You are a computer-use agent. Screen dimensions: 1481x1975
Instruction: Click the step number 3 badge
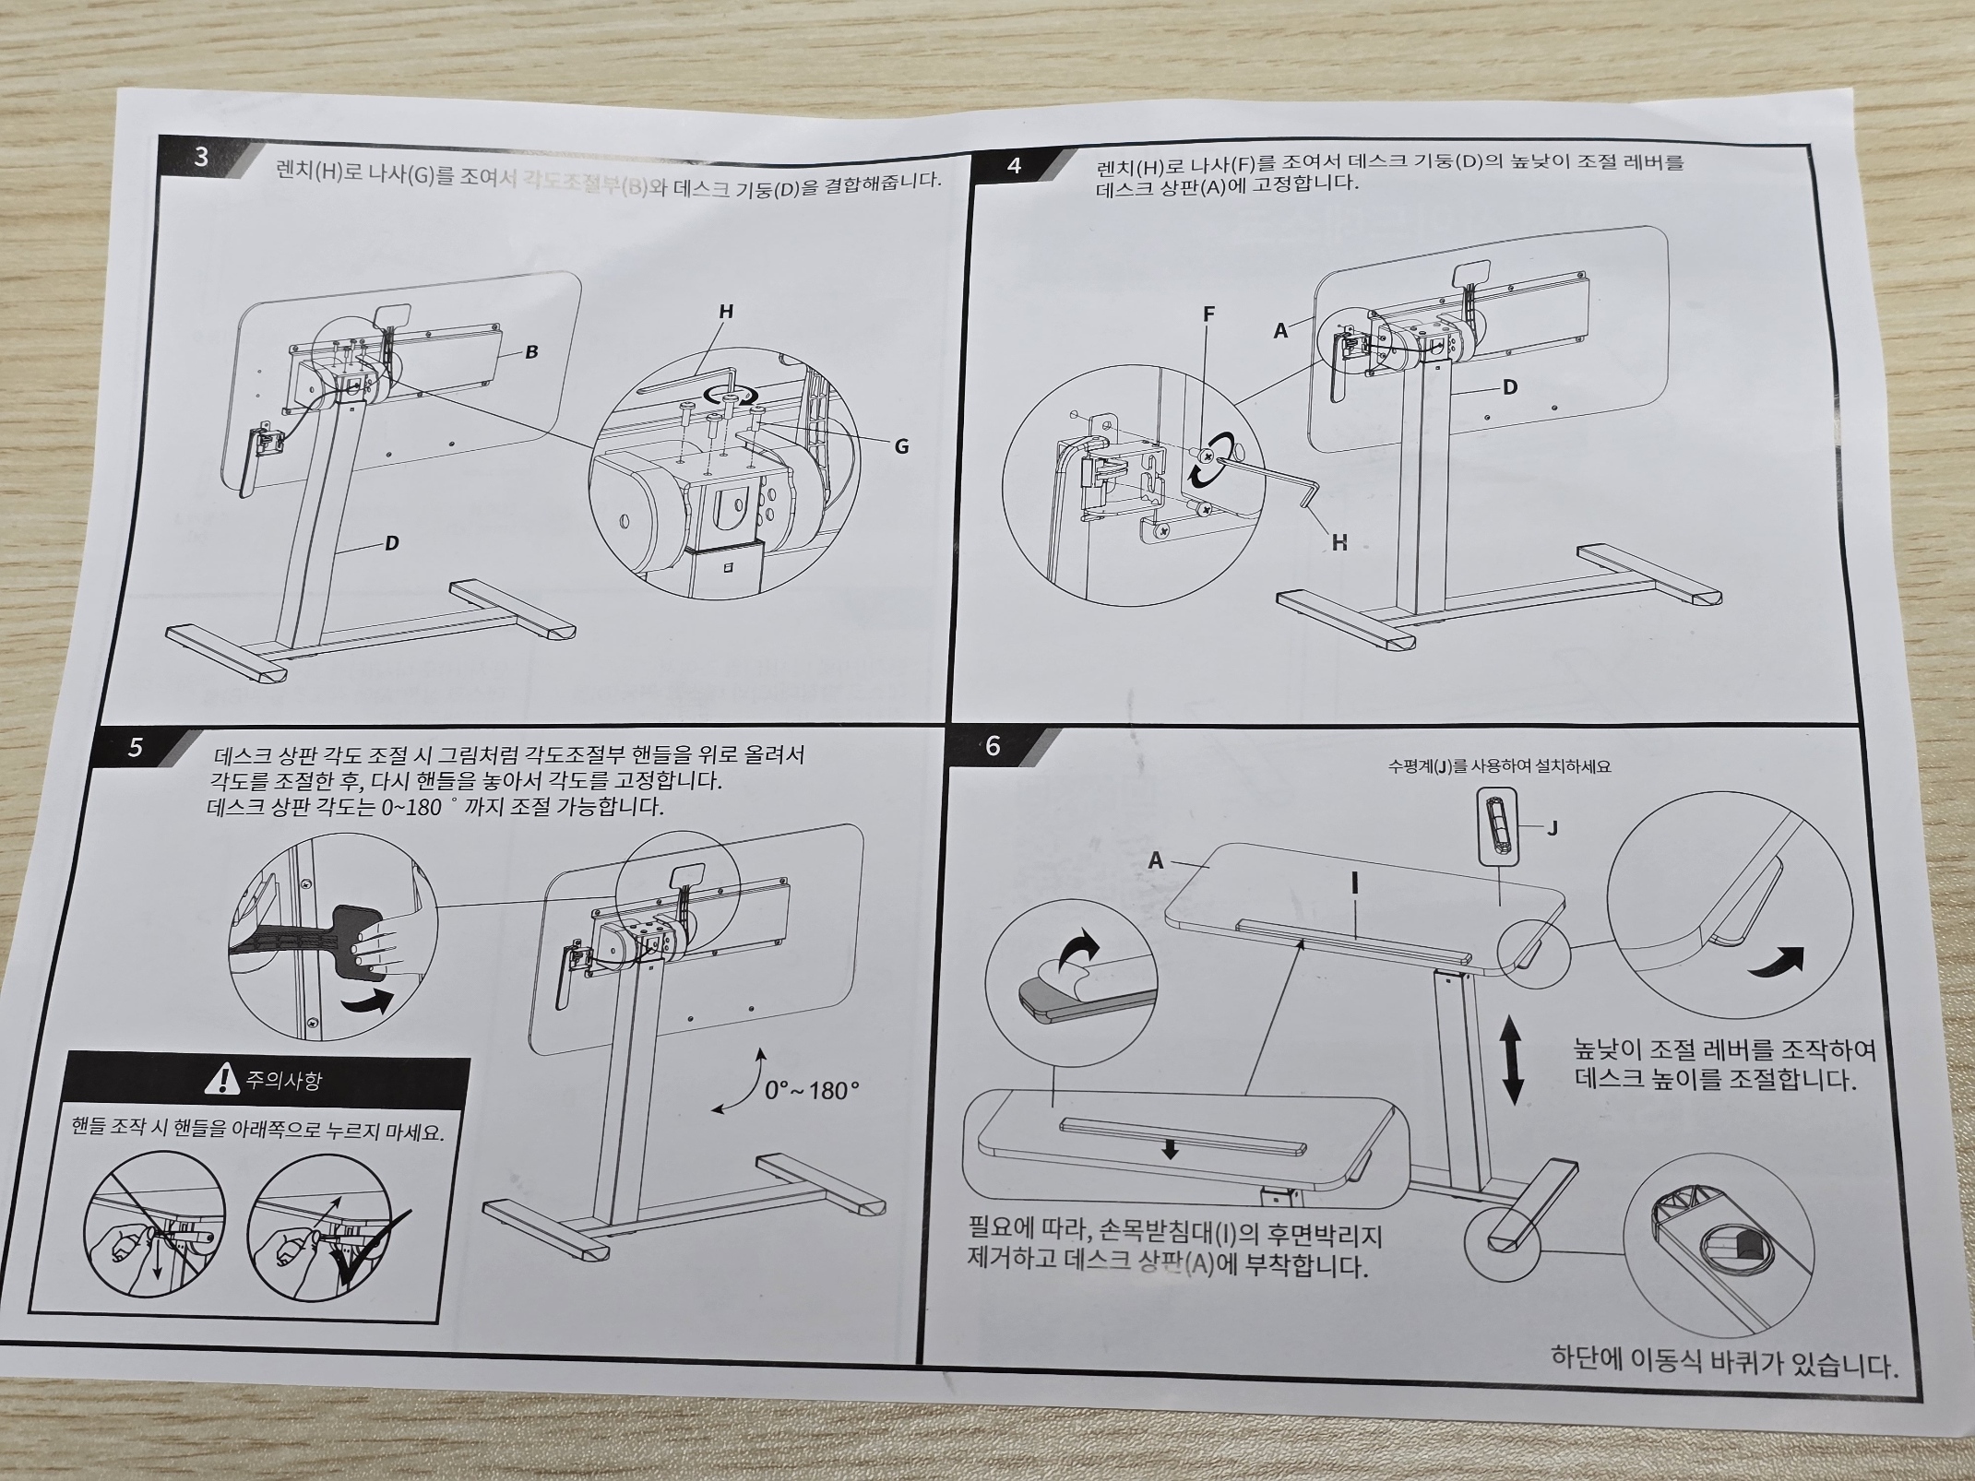click(x=201, y=157)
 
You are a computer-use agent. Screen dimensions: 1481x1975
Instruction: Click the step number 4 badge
click(x=1015, y=166)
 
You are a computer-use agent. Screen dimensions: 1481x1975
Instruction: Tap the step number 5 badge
click(x=136, y=747)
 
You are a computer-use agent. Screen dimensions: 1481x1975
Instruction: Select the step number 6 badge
click(x=993, y=745)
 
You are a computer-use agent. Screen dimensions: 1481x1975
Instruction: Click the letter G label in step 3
click(x=901, y=446)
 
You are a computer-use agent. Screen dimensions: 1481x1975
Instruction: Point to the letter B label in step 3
click(x=531, y=351)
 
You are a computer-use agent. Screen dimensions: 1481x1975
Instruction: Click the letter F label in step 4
click(x=1208, y=314)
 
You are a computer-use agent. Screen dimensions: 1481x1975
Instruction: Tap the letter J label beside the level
click(x=1553, y=828)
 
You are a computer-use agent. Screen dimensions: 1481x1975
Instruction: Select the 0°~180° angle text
click(x=812, y=1091)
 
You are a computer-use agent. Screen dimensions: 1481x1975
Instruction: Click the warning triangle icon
click(x=222, y=1078)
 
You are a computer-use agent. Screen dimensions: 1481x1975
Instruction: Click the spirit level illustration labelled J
click(x=1497, y=823)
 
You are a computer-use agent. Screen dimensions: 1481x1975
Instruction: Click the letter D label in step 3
click(x=391, y=543)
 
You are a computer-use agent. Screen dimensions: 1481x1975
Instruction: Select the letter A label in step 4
click(x=1280, y=330)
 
